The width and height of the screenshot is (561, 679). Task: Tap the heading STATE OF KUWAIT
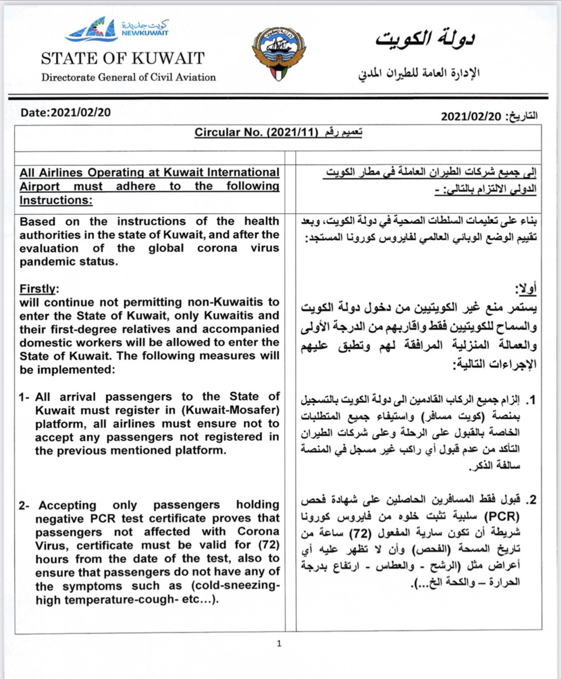[123, 58]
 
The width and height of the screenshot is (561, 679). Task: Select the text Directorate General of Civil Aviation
[128, 77]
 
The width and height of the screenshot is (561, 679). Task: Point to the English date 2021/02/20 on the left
[80, 112]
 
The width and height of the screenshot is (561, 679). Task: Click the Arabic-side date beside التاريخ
[471, 116]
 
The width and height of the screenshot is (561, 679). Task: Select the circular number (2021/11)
[292, 132]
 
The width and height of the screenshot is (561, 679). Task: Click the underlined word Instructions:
[56, 200]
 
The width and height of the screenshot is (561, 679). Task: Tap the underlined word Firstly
[37, 289]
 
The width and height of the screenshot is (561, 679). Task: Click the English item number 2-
[24, 505]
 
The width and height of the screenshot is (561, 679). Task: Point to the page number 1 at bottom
[279, 644]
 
